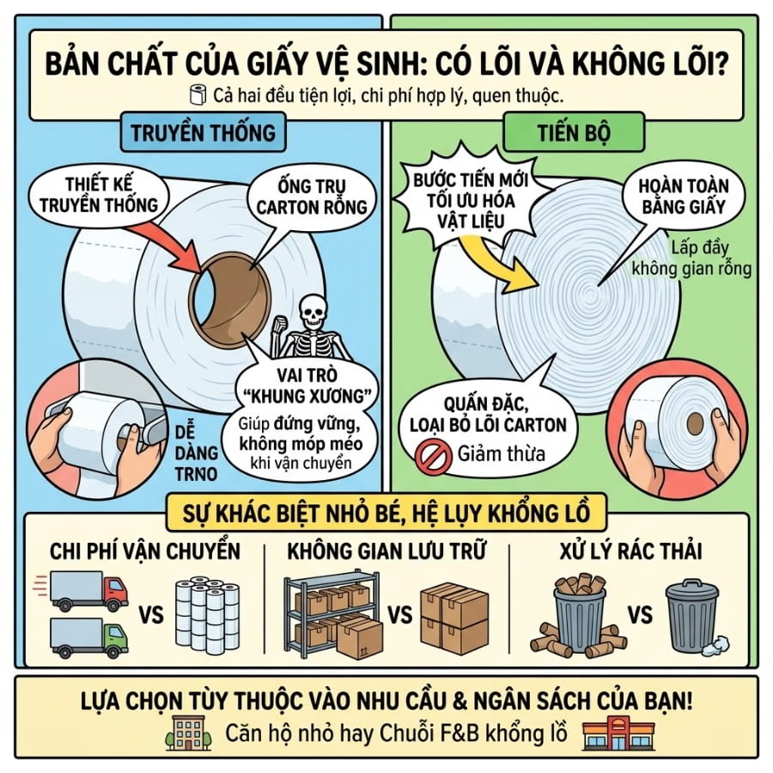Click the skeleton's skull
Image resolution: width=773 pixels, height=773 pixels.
(312, 312)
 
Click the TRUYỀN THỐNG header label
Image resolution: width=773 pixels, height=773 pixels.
(203, 132)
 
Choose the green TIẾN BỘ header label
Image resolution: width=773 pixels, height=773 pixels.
(574, 132)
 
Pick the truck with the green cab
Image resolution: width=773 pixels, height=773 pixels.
(88, 637)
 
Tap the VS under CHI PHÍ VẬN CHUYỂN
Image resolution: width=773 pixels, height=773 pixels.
(151, 616)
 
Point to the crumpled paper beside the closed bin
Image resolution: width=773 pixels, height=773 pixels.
(715, 646)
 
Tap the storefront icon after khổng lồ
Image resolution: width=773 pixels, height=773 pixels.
(618, 733)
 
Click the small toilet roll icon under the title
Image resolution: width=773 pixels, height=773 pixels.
(198, 95)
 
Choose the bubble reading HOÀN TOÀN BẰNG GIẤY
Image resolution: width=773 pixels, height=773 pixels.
(683, 196)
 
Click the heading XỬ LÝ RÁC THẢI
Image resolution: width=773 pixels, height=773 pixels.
(631, 551)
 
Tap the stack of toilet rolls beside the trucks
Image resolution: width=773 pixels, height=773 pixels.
(208, 615)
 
